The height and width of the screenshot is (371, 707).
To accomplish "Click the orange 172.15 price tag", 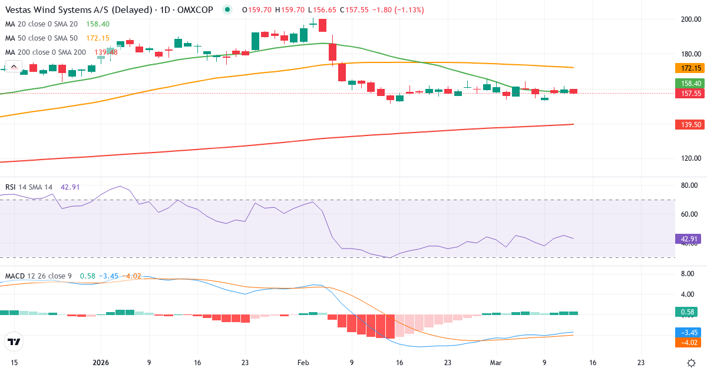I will point(688,68).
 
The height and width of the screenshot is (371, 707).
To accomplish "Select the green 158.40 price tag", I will point(688,84).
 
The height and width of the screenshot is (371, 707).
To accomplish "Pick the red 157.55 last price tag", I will point(688,93).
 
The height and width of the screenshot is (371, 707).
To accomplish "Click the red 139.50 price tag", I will point(688,124).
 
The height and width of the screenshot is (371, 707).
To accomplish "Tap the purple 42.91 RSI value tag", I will point(688,239).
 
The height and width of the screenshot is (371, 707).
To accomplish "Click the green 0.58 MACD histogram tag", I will point(688,312).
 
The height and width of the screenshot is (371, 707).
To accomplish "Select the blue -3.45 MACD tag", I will point(688,332).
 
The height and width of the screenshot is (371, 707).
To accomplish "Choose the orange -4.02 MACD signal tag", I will point(688,342).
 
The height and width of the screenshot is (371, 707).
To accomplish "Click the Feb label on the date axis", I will point(303,363).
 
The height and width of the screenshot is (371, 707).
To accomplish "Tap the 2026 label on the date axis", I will point(101,363).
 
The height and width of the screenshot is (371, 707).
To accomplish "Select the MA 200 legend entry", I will point(46,52).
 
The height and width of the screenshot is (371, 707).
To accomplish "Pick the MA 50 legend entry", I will point(41,38).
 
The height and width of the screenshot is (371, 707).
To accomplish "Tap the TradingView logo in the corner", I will point(14,342).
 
